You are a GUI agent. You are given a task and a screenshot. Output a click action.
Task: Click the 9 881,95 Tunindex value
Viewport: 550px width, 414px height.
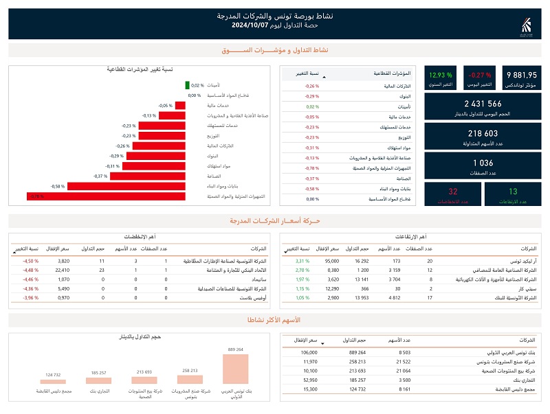pos(521,75)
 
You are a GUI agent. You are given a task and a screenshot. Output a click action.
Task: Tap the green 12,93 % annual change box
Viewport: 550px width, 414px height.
pos(440,75)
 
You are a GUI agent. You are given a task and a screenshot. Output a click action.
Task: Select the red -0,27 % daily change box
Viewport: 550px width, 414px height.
pos(480,75)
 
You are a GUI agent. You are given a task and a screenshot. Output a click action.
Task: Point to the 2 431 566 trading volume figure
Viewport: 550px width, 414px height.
pos(483,104)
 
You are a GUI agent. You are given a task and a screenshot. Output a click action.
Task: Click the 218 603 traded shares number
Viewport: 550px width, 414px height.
pos(483,133)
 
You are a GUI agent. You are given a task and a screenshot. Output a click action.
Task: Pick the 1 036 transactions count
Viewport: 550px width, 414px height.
pos(483,163)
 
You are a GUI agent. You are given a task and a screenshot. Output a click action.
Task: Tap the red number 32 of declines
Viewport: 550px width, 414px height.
pos(452,192)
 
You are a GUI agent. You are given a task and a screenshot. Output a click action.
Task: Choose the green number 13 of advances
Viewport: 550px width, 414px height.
pos(513,192)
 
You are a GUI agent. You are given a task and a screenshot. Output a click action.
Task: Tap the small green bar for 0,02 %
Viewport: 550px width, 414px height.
pos(187,85)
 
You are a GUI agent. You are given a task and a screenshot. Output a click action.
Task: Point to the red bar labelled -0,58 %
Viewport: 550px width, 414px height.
pos(127,186)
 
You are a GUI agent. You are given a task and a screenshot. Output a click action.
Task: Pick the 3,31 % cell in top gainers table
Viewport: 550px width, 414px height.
pos(303,262)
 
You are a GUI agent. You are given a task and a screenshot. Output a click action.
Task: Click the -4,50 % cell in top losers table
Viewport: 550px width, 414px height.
pos(30,262)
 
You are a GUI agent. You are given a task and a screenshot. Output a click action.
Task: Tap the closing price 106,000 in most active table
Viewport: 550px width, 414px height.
pos(309,352)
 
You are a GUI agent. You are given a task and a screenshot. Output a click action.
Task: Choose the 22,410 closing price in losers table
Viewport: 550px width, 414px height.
pos(62,271)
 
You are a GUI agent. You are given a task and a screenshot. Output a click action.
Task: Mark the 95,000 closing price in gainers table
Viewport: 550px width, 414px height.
pos(332,262)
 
